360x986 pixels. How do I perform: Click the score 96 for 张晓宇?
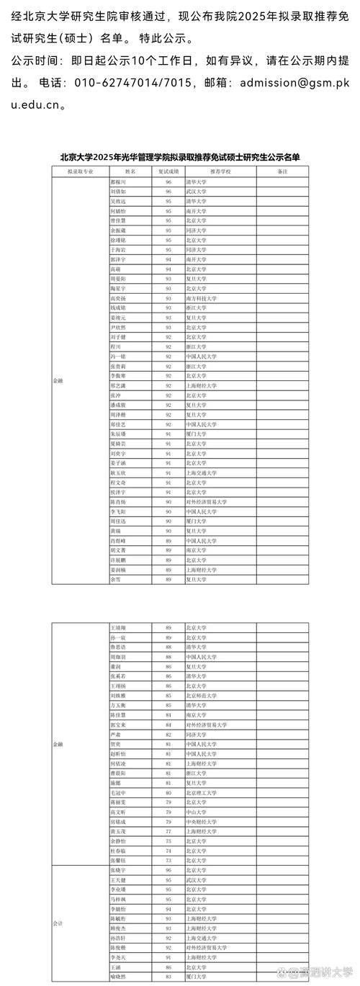(x=168, y=871)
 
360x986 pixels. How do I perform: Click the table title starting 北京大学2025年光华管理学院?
(x=180, y=156)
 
